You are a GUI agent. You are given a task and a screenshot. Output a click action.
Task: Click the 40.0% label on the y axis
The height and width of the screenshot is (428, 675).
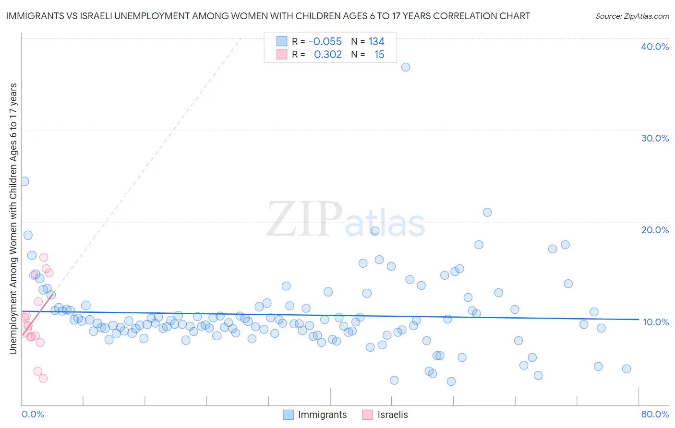[x=655, y=47]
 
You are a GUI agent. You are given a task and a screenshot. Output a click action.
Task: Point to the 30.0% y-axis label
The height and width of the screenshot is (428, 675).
[x=655, y=138]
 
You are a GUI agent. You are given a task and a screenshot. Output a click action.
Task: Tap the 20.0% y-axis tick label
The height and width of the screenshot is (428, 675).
[x=655, y=230]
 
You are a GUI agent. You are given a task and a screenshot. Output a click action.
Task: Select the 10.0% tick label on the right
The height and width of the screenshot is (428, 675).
[x=655, y=322]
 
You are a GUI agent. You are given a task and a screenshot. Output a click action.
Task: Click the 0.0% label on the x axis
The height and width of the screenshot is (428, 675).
[x=33, y=414]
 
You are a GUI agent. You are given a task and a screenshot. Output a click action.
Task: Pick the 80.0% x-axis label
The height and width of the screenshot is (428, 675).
[x=655, y=414]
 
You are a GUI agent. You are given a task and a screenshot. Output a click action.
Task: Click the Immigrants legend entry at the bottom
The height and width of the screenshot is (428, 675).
[x=322, y=415]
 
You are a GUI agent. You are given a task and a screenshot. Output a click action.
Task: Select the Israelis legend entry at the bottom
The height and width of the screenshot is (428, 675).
[x=392, y=415]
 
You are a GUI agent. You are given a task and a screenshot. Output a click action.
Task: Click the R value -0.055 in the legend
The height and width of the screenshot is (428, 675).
[x=325, y=42]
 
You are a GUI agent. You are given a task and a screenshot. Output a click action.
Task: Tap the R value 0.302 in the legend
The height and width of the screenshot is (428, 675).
[x=327, y=55]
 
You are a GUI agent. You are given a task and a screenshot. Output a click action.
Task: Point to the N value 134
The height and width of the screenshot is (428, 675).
[x=376, y=42]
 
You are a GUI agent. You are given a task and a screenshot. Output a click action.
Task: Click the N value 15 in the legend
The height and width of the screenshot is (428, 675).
[x=379, y=55]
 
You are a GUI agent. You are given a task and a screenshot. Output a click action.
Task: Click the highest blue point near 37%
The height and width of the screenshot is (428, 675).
[x=406, y=67]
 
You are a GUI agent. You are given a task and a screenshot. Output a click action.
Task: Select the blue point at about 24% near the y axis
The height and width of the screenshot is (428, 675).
[x=24, y=181]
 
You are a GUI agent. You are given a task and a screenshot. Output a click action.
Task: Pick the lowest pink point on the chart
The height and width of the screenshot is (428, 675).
[x=43, y=379]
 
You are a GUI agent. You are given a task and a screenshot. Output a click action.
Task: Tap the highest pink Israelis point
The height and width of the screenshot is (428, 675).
[x=44, y=257]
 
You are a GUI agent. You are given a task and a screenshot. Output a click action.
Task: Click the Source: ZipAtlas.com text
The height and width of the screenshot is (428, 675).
[x=632, y=16]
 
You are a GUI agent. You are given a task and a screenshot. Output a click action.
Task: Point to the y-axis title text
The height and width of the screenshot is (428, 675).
[x=13, y=219]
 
